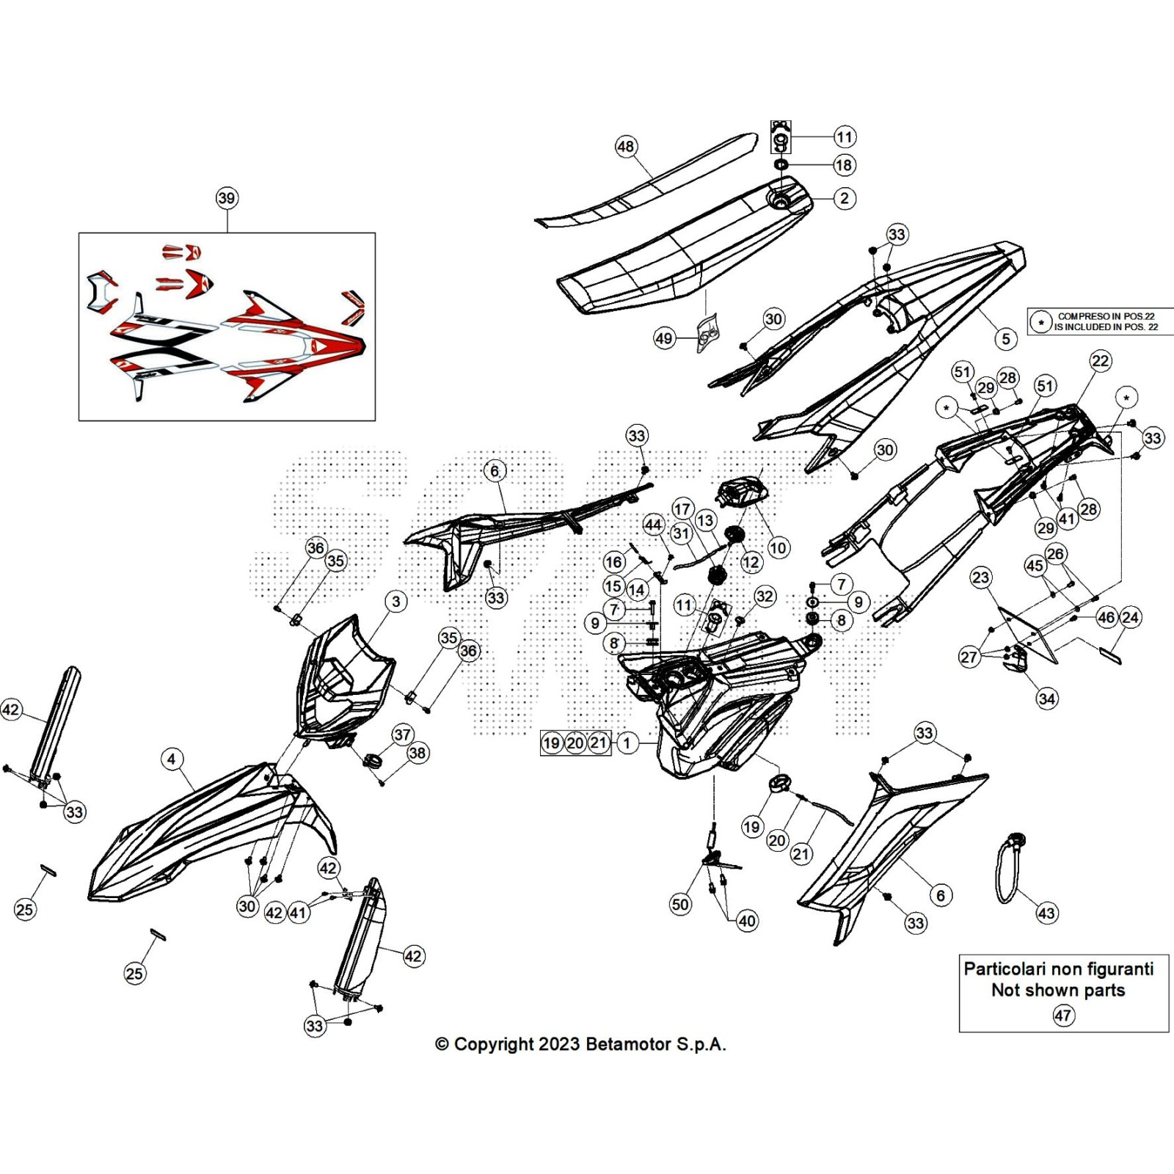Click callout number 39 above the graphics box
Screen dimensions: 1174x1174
tap(227, 198)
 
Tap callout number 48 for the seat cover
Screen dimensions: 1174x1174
tap(625, 147)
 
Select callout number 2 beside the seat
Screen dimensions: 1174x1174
tap(845, 198)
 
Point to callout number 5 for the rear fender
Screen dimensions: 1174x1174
tap(1006, 338)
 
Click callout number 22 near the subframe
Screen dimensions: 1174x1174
tap(1101, 360)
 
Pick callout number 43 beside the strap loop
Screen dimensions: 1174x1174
tap(1046, 914)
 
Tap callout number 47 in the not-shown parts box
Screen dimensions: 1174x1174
tap(1063, 1016)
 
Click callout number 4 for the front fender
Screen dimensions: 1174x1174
tap(172, 759)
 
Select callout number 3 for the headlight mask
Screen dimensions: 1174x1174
tap(396, 602)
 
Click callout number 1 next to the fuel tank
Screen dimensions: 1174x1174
tap(627, 743)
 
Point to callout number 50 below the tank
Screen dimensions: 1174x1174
tap(680, 904)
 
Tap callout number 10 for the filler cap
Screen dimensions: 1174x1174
tap(778, 547)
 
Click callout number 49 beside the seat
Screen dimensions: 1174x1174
tap(664, 338)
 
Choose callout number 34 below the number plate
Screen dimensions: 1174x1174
tap(1047, 699)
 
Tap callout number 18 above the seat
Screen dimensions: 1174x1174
tap(844, 165)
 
